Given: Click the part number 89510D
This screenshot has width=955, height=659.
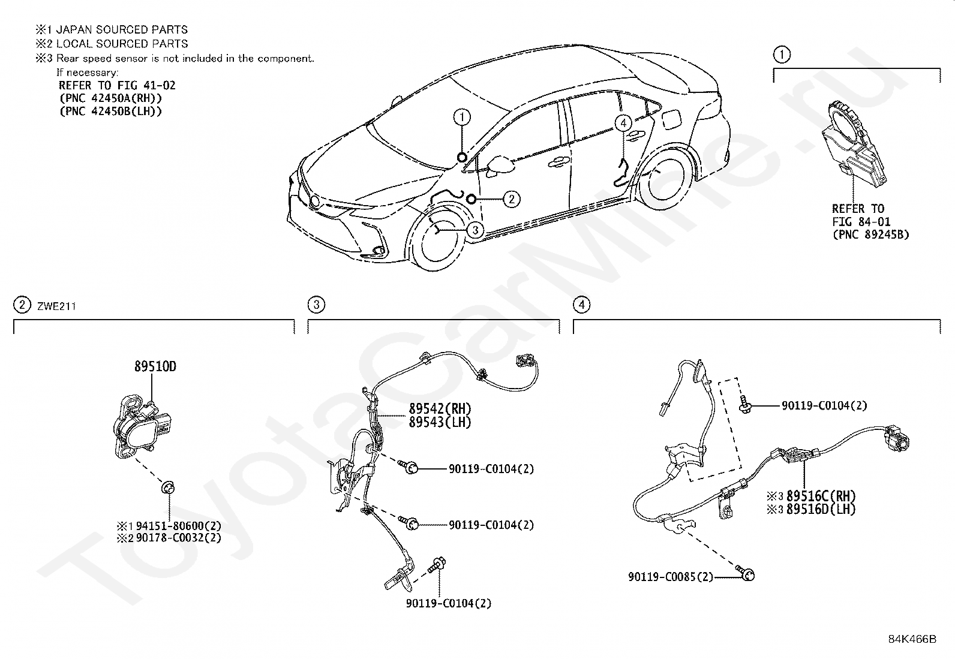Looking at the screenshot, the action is point(155,366).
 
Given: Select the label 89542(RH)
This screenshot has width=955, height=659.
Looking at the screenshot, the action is point(440,409).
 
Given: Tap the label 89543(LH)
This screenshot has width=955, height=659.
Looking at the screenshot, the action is point(440,422).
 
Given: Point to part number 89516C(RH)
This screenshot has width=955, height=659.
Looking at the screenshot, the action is point(821,496).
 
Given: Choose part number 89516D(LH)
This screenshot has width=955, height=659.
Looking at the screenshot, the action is point(821,509).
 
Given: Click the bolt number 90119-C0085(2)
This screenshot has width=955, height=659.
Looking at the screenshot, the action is point(671,577).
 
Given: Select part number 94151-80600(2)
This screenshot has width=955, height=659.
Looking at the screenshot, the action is point(179,526).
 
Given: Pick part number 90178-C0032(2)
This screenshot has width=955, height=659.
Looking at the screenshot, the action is point(179,537).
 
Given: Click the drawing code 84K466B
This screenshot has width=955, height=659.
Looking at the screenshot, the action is point(912,639).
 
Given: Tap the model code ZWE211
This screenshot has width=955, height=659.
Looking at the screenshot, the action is point(56,306).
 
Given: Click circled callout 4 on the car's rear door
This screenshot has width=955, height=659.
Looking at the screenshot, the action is point(623,123).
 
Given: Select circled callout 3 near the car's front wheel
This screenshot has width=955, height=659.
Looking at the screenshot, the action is point(475,230).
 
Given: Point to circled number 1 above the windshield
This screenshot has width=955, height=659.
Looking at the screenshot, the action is point(462,117).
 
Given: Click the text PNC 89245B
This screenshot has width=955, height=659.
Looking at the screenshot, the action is point(870,234).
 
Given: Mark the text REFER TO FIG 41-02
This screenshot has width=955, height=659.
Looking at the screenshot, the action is point(117,85).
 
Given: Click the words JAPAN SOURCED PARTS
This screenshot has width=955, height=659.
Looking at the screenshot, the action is point(122,29).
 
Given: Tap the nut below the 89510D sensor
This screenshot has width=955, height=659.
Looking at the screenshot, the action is point(169,488).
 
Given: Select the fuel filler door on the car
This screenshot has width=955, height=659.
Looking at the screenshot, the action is point(670,119).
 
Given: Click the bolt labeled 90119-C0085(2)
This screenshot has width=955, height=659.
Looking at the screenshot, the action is point(746,573).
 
